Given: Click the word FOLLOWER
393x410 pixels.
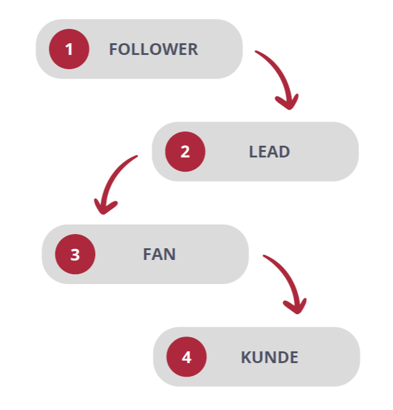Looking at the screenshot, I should (x=154, y=49).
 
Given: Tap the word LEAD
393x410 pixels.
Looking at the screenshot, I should (x=270, y=151).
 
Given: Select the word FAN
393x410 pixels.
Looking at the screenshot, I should (x=159, y=254).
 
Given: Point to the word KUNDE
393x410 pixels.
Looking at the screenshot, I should (x=270, y=357).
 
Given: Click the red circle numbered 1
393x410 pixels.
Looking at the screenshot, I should (x=69, y=49).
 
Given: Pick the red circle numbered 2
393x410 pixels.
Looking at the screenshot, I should (x=185, y=151).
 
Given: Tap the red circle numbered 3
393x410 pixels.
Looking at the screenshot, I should (x=75, y=254).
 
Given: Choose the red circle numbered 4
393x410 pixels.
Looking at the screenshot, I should (x=187, y=357).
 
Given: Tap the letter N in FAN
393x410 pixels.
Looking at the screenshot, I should (x=170, y=254).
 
